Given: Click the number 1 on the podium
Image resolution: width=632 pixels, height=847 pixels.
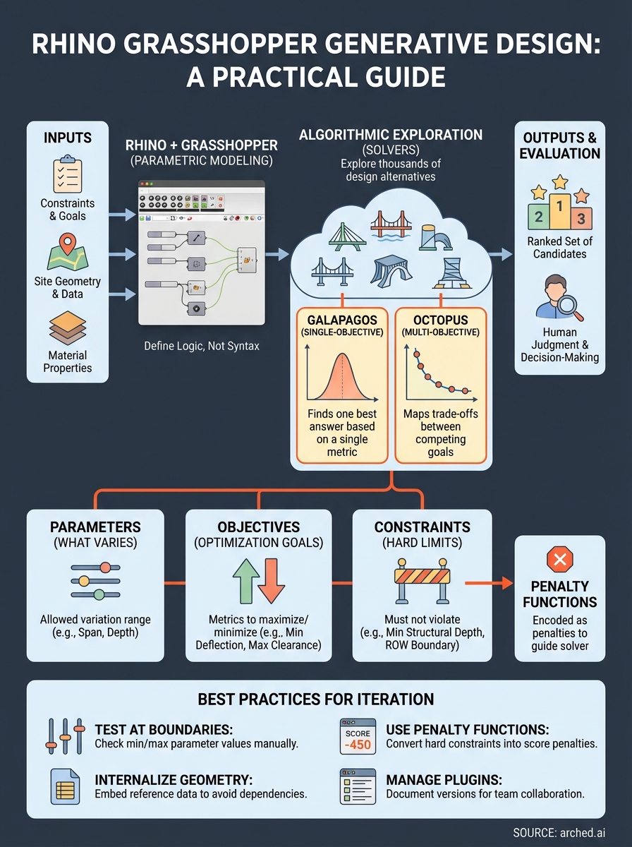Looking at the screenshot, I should [x=559, y=207].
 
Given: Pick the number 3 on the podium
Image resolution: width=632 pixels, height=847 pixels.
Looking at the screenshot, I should [x=581, y=217].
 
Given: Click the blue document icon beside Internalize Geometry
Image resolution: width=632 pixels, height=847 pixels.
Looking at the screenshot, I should [x=66, y=786].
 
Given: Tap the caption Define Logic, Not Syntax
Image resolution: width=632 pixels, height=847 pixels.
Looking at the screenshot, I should [x=201, y=346].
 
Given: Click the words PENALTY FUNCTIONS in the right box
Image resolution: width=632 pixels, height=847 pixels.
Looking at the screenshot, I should [x=559, y=594].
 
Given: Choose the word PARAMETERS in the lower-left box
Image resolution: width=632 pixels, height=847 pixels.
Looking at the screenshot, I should [x=95, y=527].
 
